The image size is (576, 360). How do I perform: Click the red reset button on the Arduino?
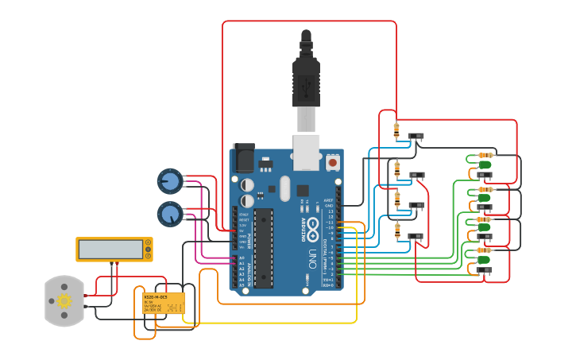click(x=333, y=162)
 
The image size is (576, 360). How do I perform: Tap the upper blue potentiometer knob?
click(x=170, y=182)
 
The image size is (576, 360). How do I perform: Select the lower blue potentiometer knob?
click(x=170, y=214)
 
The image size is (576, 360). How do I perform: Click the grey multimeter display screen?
click(x=110, y=249)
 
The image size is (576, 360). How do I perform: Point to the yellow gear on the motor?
click(x=64, y=300)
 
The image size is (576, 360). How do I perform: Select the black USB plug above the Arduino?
click(x=306, y=79)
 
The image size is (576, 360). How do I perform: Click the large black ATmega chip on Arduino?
click(x=264, y=247)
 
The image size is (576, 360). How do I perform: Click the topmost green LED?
click(x=484, y=165)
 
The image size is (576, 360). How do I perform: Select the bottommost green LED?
click(x=484, y=259)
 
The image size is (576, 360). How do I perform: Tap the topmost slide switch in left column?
click(x=416, y=137)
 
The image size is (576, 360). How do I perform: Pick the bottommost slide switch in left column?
click(x=416, y=236)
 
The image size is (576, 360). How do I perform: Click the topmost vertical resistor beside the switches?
click(x=396, y=130)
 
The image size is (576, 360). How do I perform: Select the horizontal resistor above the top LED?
click(x=485, y=155)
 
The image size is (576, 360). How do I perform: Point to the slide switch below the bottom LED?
click(x=484, y=270)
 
